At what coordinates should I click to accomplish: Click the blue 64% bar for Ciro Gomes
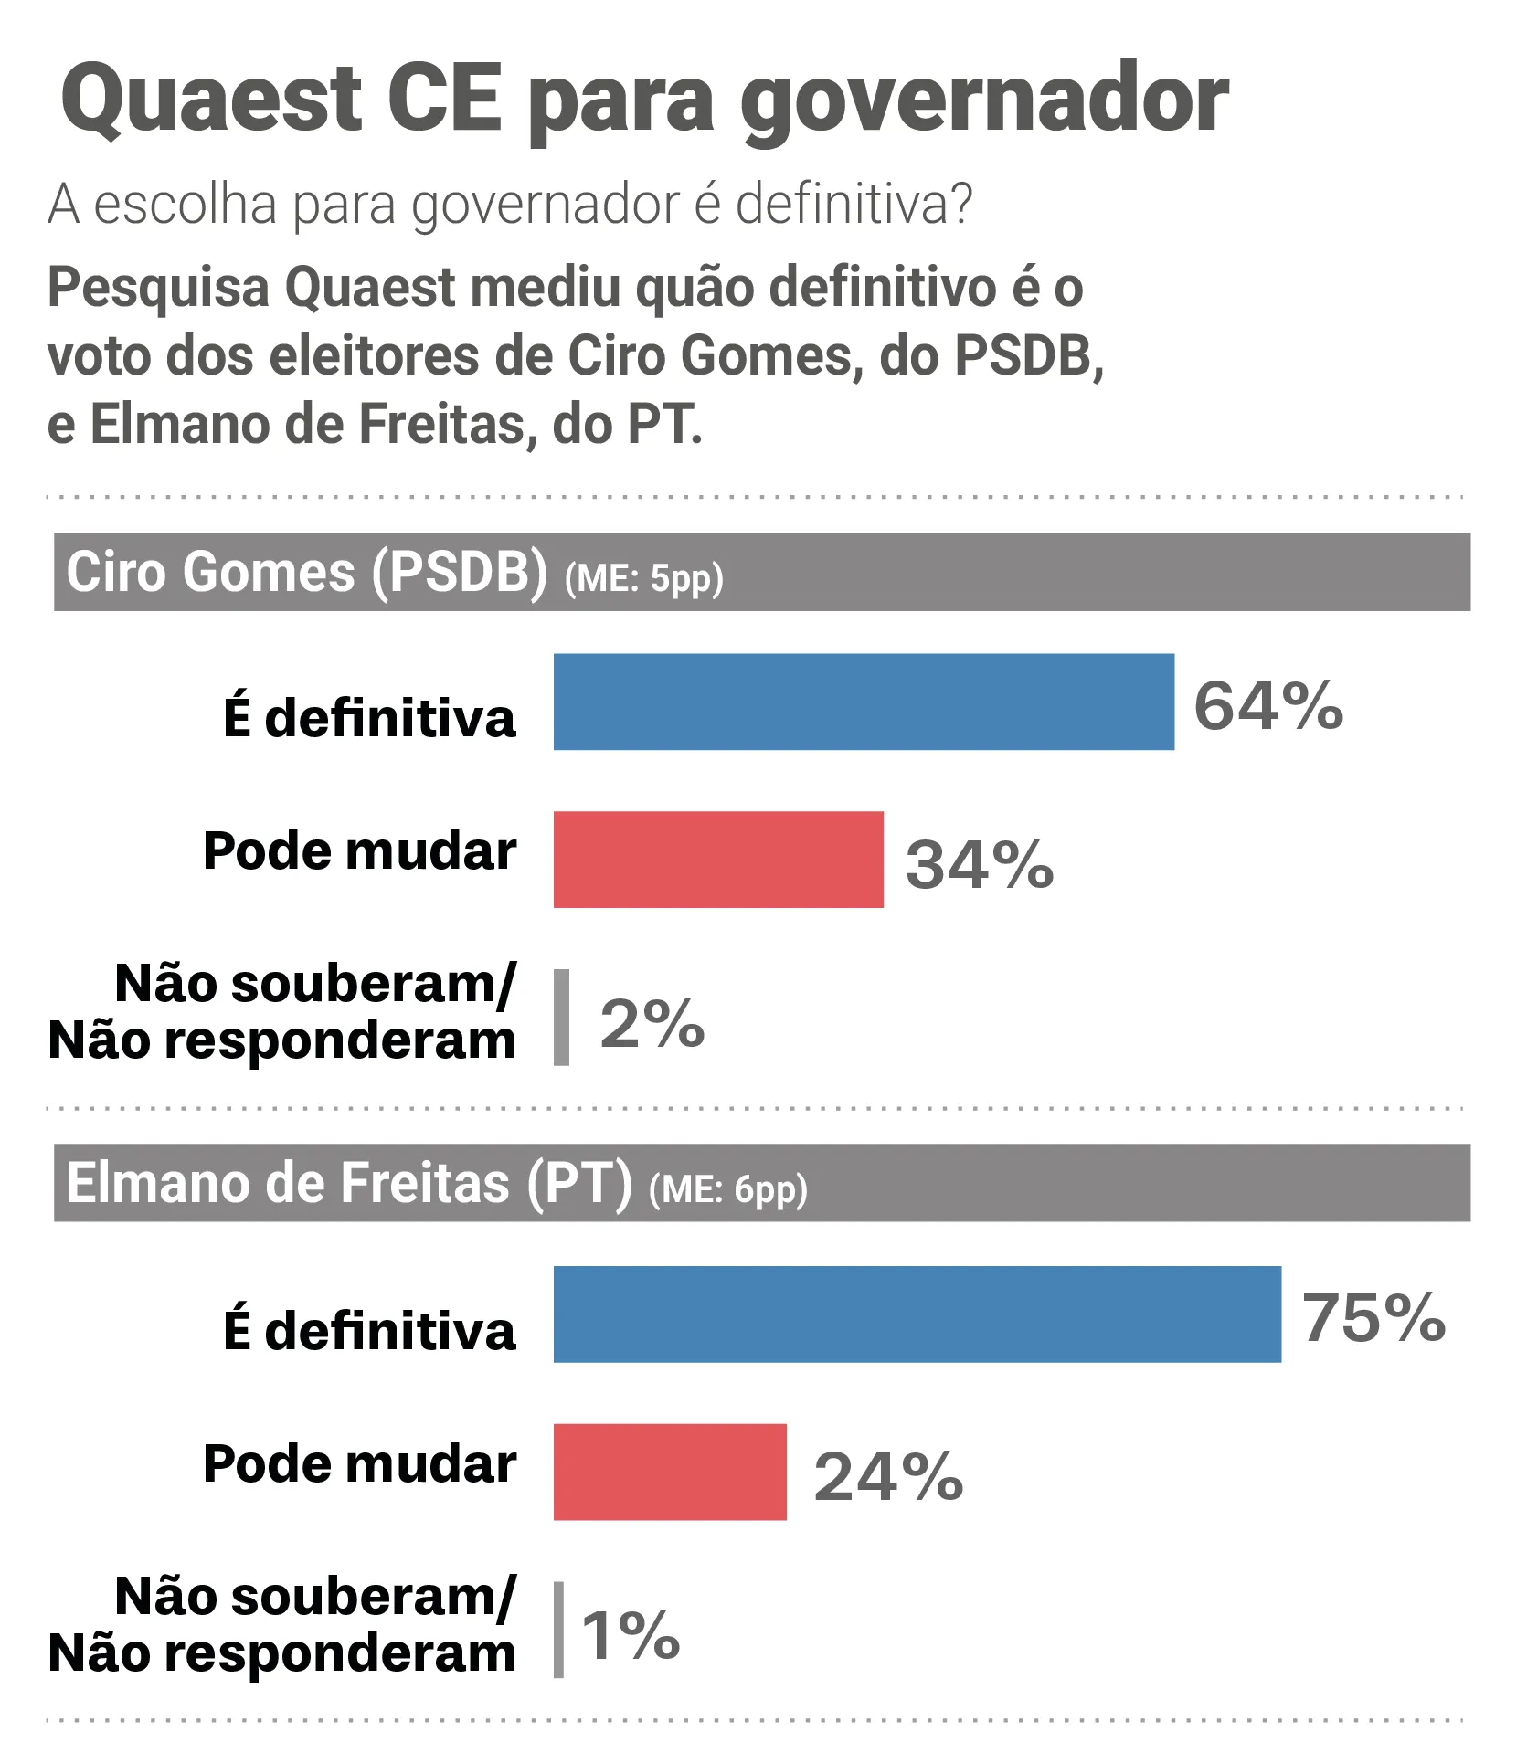[x=864, y=702]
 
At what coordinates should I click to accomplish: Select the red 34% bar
[x=718, y=860]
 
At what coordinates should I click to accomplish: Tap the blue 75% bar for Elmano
[x=917, y=1314]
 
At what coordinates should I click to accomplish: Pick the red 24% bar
[x=670, y=1472]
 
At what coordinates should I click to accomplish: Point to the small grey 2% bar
[x=561, y=1017]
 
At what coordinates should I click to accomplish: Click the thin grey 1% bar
[x=558, y=1630]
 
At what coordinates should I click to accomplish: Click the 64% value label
[x=1268, y=706]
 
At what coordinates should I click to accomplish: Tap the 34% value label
[x=980, y=864]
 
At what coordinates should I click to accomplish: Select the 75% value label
[x=1373, y=1318]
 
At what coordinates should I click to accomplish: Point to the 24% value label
[x=888, y=1476]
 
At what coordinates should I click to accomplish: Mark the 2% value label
[x=652, y=1022]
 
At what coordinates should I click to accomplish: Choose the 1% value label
[x=631, y=1635]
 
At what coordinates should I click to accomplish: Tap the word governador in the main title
[x=984, y=100]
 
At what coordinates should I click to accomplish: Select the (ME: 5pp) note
[x=644, y=579]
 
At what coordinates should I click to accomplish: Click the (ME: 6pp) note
[x=728, y=1190]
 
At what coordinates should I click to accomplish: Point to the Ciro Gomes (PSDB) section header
[x=307, y=573]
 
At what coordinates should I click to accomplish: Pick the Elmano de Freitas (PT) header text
[x=349, y=1184]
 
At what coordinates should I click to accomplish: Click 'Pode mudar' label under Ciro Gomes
[x=359, y=850]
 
